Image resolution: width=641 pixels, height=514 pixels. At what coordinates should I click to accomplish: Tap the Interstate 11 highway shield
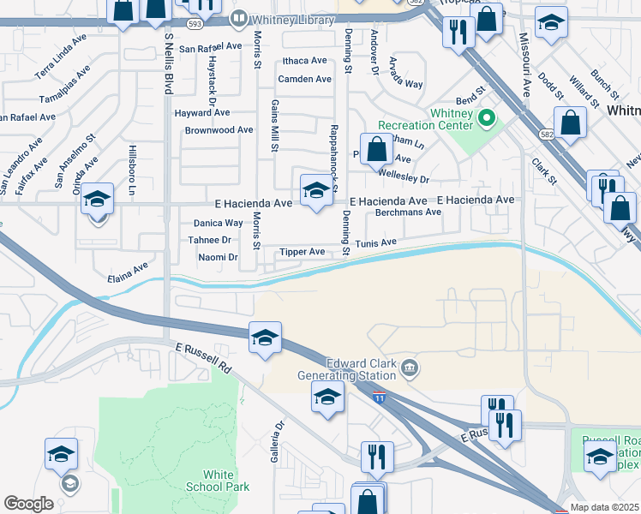click(x=380, y=397)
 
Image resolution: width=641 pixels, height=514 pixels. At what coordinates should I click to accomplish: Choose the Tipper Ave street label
click(x=303, y=253)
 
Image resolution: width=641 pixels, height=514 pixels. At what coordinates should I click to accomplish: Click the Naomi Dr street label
click(x=218, y=257)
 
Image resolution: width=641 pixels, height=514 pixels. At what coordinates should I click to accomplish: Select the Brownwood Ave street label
click(x=219, y=130)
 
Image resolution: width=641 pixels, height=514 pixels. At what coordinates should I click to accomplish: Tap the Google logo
click(x=28, y=503)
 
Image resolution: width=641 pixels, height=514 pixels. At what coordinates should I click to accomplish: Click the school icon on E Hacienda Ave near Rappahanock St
click(x=315, y=190)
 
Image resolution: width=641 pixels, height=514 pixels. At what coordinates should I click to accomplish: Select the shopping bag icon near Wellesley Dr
click(x=376, y=149)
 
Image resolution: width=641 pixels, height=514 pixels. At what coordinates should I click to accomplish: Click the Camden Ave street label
click(x=304, y=79)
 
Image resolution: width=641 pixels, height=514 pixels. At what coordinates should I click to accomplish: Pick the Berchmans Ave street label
click(x=408, y=212)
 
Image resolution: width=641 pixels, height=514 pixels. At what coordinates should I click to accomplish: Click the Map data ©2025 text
click(x=605, y=507)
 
